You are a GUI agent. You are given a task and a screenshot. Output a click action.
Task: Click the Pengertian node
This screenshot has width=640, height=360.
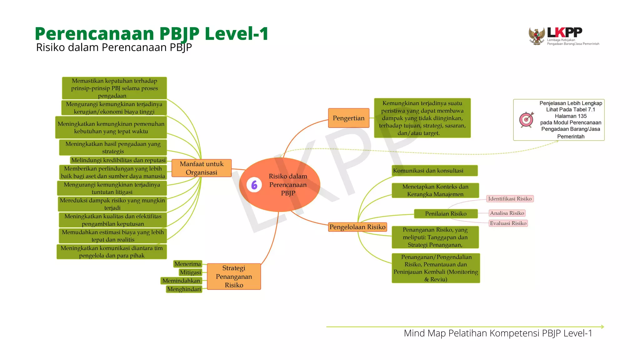tap(348, 118)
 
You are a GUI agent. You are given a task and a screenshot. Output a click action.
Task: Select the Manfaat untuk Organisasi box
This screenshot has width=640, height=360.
tap(202, 168)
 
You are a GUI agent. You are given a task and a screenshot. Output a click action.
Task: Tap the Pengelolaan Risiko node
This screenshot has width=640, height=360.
tap(357, 227)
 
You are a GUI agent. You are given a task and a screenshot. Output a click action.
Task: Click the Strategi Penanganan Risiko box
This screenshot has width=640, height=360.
tap(234, 277)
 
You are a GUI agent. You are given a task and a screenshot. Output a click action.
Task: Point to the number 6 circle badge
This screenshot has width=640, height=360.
tap(254, 185)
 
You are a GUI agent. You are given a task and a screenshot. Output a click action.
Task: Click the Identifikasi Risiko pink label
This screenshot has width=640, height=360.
tap(510, 199)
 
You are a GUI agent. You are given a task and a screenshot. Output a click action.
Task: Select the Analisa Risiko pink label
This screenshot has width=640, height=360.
tap(507, 213)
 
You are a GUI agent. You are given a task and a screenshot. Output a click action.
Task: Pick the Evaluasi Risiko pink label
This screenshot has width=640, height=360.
tap(508, 223)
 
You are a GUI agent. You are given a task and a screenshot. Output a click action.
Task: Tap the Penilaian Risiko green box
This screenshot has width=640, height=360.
tap(446, 214)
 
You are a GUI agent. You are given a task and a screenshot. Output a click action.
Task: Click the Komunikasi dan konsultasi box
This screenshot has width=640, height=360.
tap(434, 171)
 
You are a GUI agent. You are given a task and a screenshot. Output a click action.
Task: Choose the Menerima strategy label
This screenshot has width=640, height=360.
tap(187, 264)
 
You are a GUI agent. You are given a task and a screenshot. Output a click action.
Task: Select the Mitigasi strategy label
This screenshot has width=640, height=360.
tap(190, 272)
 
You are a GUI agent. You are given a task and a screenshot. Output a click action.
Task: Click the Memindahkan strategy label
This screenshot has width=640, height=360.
tap(181, 281)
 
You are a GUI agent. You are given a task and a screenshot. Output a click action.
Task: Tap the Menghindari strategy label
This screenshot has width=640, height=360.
tap(184, 289)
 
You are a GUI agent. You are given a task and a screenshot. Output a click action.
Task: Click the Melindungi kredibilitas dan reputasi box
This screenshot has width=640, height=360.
tap(118, 160)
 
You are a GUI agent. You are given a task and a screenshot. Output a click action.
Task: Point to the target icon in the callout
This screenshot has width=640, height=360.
tap(527, 119)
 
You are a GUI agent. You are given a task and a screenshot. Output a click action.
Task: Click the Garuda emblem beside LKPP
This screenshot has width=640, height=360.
tap(537, 36)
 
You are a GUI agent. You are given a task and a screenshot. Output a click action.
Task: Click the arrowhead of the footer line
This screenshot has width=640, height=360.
tap(602, 327)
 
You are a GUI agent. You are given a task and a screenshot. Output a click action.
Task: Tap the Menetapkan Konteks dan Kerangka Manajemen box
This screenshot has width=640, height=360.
tap(435, 190)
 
